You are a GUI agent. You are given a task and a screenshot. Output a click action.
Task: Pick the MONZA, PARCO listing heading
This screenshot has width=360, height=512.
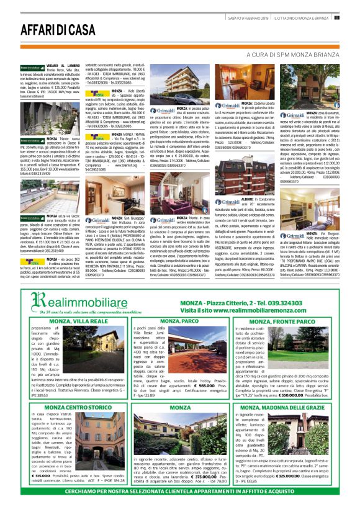[179, 321]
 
